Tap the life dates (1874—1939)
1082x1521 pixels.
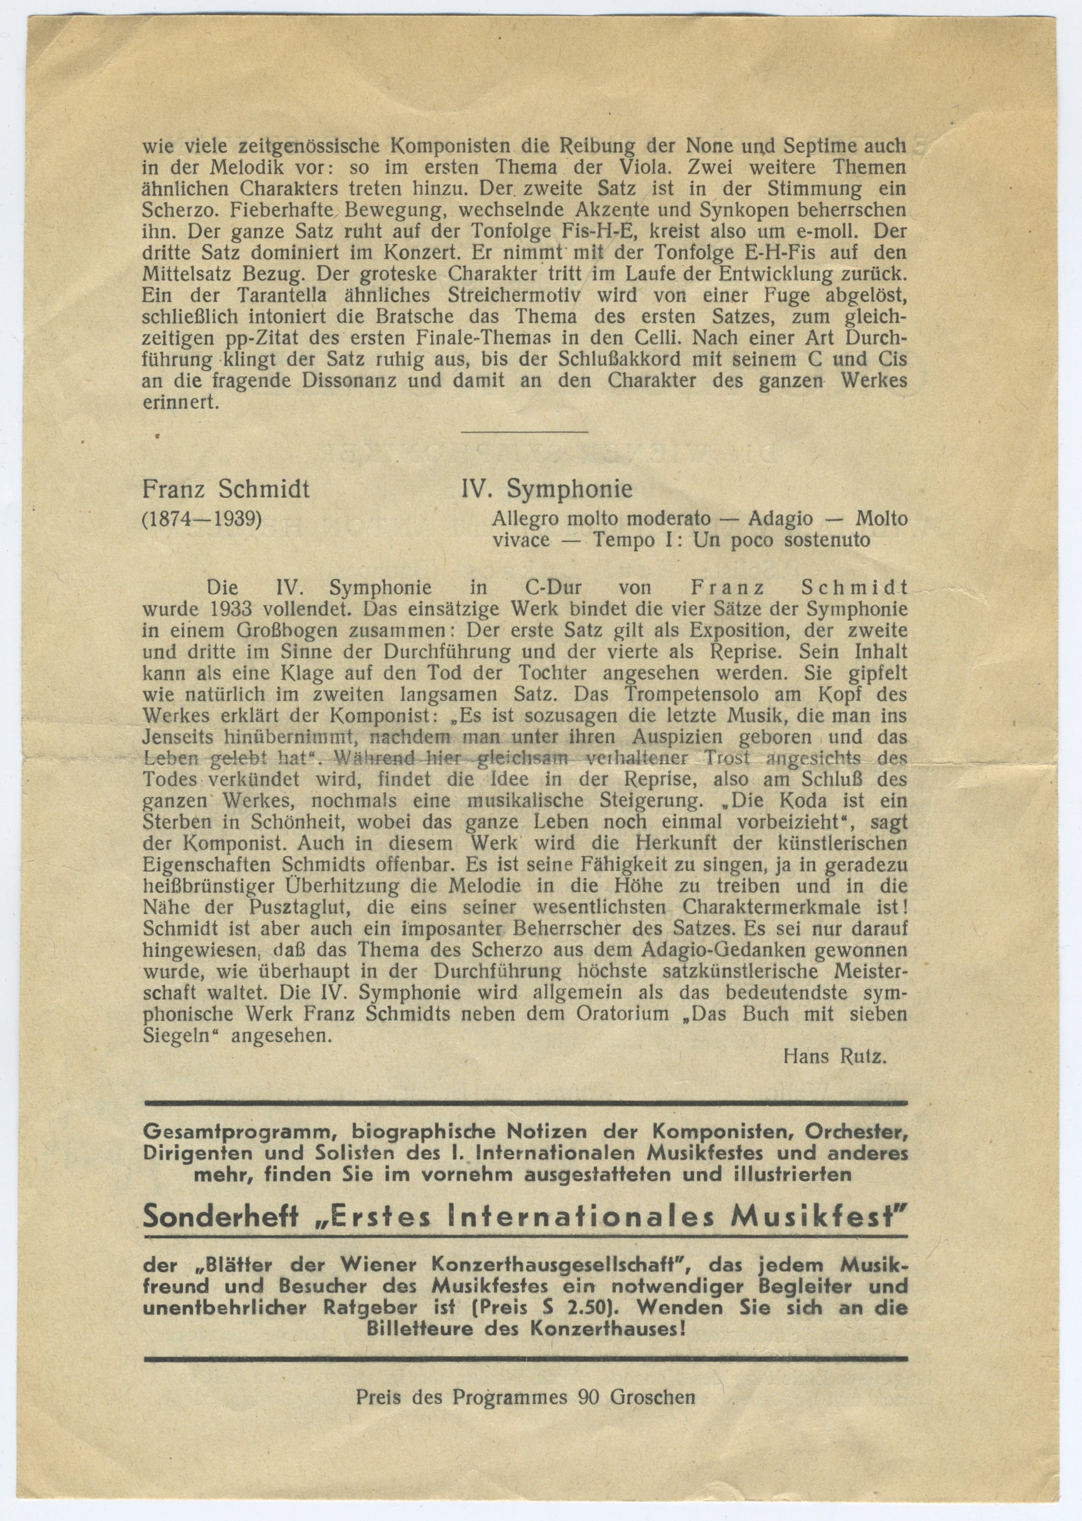(201, 518)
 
